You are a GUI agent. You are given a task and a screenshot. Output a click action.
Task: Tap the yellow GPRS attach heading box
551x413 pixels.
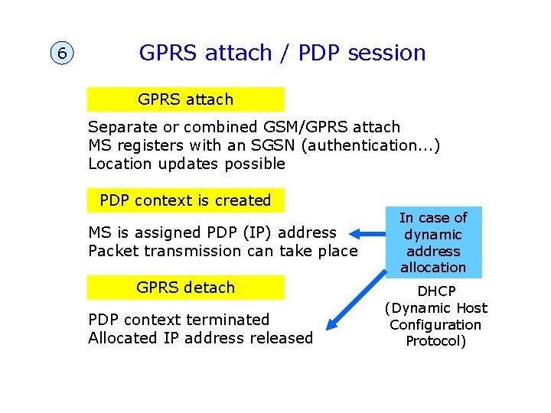coord(185,99)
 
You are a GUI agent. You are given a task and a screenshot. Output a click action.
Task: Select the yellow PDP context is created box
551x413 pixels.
coord(185,200)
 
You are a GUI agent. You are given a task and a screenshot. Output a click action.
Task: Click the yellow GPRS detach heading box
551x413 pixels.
coord(185,288)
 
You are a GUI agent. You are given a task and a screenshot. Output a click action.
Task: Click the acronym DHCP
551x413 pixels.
coord(435,292)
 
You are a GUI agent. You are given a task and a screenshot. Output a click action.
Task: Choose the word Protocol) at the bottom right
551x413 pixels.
coord(435,341)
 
